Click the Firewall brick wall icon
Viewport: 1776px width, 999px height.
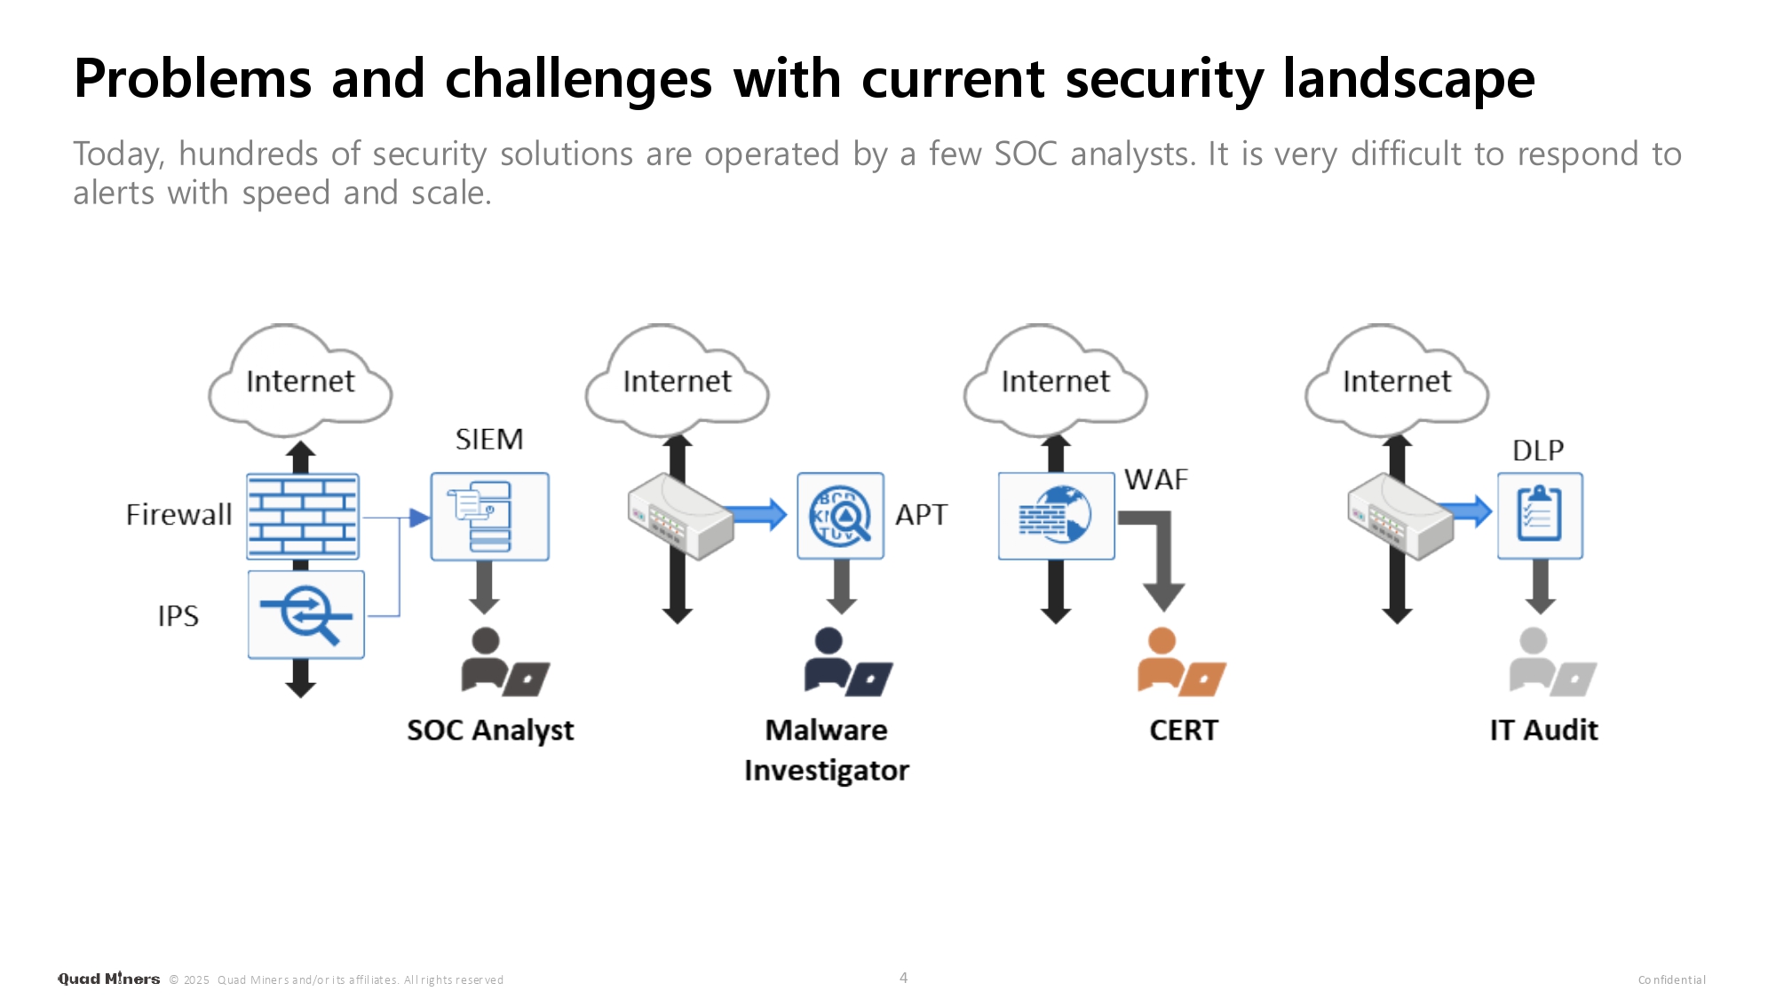[x=303, y=516]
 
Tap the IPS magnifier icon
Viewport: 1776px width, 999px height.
[x=305, y=614]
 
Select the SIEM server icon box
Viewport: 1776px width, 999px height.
[x=489, y=516]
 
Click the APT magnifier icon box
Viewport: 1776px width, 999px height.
[x=840, y=516]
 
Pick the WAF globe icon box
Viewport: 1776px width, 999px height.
[x=1056, y=516]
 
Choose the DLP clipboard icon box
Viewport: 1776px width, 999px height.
[x=1540, y=516]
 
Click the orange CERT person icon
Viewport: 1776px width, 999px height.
[x=1180, y=662]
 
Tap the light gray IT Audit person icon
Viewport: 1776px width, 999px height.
[x=1551, y=662]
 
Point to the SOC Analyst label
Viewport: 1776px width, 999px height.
[x=490, y=730]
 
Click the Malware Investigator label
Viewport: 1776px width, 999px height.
[x=827, y=749]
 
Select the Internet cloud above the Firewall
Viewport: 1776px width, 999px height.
[x=300, y=381]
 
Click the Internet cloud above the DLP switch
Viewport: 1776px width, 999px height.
[x=1397, y=381]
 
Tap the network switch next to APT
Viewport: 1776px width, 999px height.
[x=680, y=516]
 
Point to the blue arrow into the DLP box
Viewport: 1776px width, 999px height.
[x=1470, y=511]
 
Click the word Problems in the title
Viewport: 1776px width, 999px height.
[x=193, y=78]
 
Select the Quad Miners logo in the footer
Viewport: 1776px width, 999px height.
[x=108, y=979]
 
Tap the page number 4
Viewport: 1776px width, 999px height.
[x=903, y=978]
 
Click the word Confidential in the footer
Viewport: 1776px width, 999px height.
[x=1671, y=979]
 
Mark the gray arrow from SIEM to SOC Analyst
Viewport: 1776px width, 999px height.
[x=484, y=586]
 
